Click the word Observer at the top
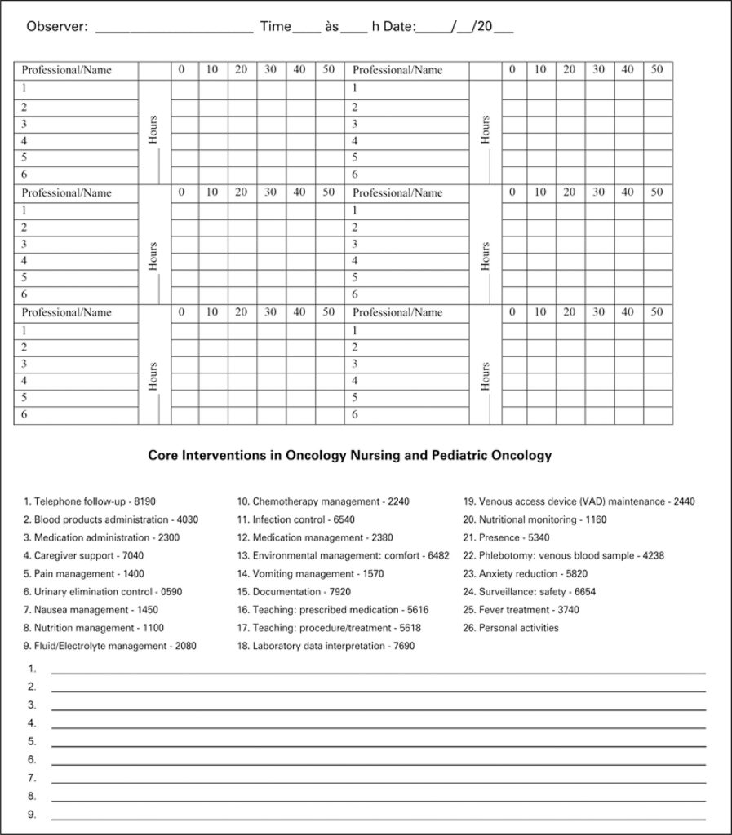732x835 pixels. pyautogui.click(x=56, y=26)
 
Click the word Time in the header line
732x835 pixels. pyautogui.click(x=275, y=26)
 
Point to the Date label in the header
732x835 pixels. pyautogui.click(x=401, y=26)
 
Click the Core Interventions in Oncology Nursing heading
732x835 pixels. pyautogui.click(x=349, y=456)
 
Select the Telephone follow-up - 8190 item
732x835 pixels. pyautogui.click(x=90, y=501)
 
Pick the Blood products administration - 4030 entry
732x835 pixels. pyautogui.click(x=111, y=519)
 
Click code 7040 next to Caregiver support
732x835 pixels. pyautogui.click(x=132, y=555)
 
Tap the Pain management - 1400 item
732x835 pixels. pyautogui.click(x=84, y=573)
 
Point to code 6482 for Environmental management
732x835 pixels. pyautogui.click(x=438, y=555)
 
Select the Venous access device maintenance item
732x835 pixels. pyautogui.click(x=579, y=501)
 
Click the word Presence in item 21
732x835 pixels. pyautogui.click(x=499, y=537)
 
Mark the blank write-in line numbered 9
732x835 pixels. pyautogui.click(x=378, y=816)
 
